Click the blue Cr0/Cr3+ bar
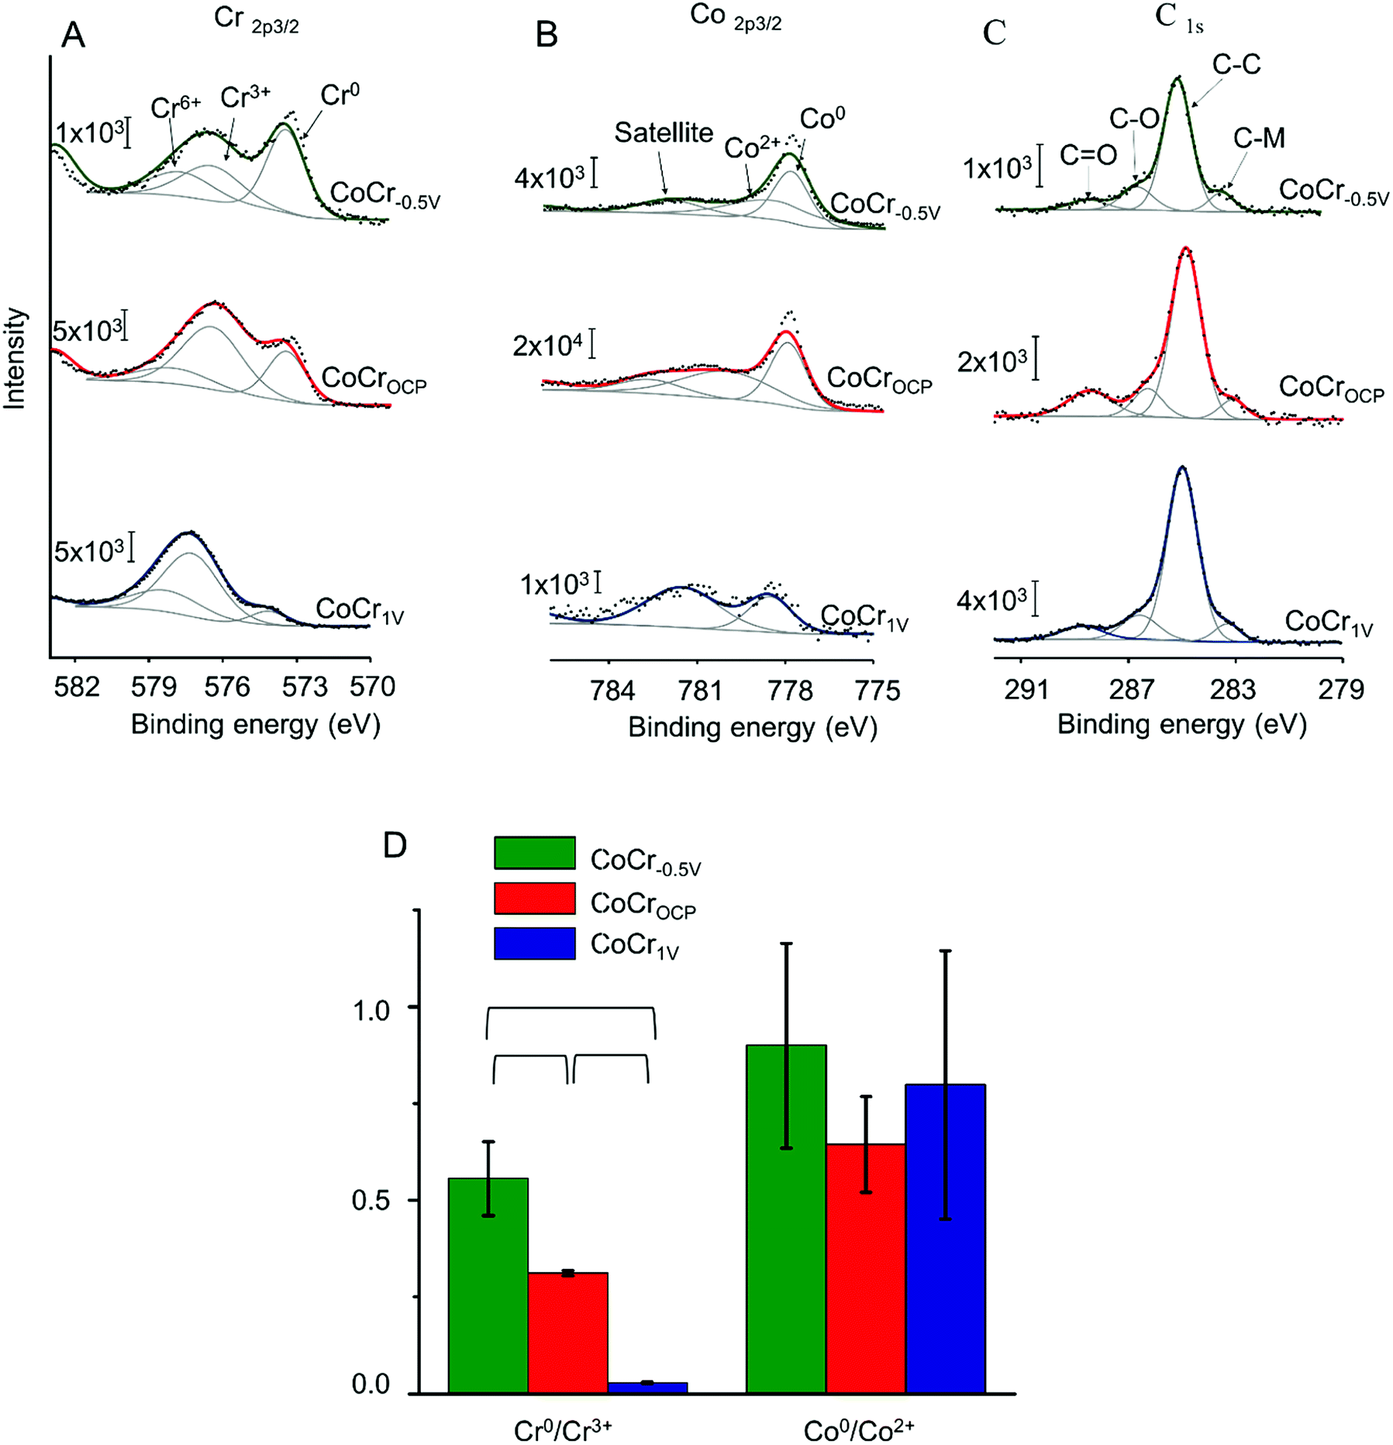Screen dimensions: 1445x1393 647,1388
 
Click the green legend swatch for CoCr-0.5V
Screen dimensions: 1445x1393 534,853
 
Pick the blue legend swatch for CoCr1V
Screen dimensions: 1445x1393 534,943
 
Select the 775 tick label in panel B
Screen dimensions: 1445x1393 878,690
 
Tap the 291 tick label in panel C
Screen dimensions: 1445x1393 1026,688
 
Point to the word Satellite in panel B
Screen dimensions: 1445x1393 664,133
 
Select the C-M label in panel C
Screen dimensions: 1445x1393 1259,139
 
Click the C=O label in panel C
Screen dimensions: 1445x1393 1088,156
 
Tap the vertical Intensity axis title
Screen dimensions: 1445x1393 16,359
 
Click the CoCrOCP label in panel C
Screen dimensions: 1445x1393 1330,388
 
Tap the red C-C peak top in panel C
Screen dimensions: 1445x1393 1185,250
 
